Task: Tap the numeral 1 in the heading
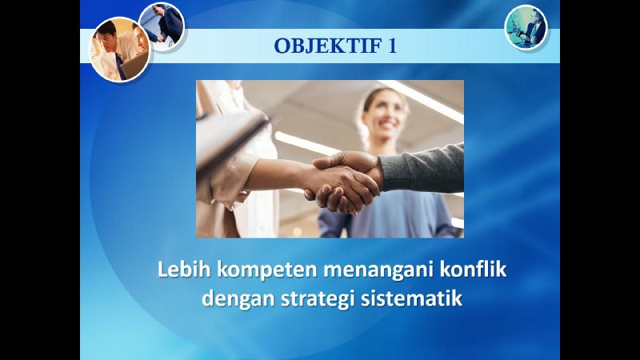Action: [392, 46]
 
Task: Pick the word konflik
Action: [473, 270]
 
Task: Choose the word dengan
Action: [238, 299]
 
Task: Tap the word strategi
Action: [318, 299]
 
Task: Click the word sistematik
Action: [411, 298]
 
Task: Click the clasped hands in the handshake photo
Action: [345, 182]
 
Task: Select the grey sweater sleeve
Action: [422, 168]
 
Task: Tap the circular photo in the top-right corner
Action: [526, 27]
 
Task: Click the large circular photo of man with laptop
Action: [120, 50]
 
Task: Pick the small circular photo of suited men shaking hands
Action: [162, 26]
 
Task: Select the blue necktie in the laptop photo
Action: [121, 66]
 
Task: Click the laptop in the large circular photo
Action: [135, 66]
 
